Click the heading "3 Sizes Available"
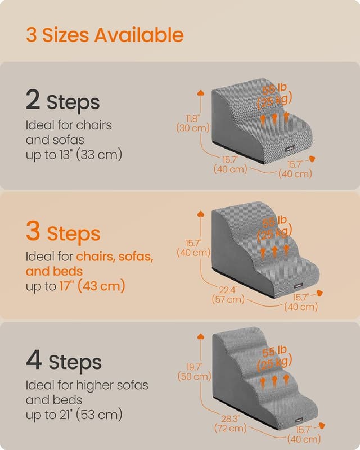[x=105, y=35]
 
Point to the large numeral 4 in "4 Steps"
[x=33, y=360]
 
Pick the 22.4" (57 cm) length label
[x=228, y=295]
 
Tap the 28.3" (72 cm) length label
[x=228, y=424]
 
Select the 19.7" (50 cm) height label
[x=194, y=371]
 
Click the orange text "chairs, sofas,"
[x=115, y=256]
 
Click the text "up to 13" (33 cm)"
[x=74, y=154]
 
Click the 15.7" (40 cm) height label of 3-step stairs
[x=193, y=247]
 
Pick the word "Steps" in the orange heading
[x=74, y=233]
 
